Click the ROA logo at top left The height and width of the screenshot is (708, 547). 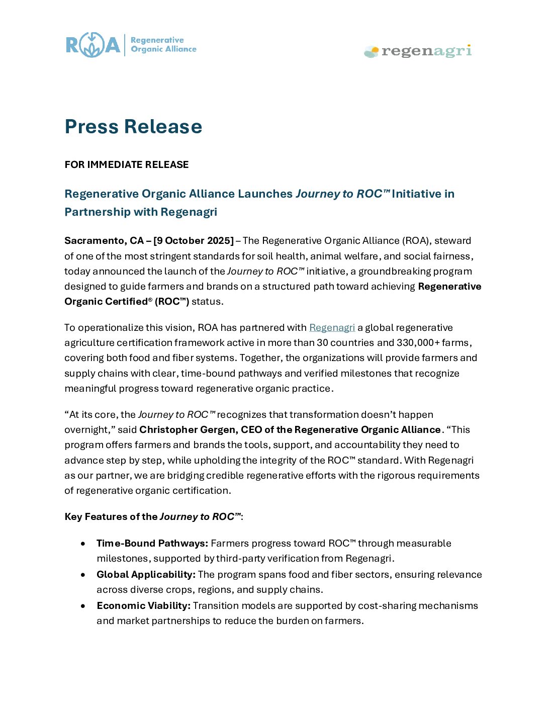click(94, 45)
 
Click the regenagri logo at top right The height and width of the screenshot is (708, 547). click(418, 51)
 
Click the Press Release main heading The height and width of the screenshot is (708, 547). click(133, 127)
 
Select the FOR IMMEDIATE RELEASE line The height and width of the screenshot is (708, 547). click(127, 165)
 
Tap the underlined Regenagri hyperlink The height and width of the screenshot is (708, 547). click(332, 328)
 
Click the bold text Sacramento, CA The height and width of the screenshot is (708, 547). click(104, 241)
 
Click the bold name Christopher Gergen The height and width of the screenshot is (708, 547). click(187, 430)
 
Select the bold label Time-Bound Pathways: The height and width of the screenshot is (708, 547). click(152, 544)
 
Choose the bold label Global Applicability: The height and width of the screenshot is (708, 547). click(146, 575)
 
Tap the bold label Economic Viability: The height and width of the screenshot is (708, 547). click(143, 606)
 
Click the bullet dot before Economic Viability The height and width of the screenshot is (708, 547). click(83, 606)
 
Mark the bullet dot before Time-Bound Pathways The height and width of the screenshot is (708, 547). click(83, 544)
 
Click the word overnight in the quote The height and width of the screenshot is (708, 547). click(86, 430)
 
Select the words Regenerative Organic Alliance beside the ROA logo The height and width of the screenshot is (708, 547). click(163, 45)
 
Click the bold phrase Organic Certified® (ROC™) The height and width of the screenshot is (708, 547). click(127, 302)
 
